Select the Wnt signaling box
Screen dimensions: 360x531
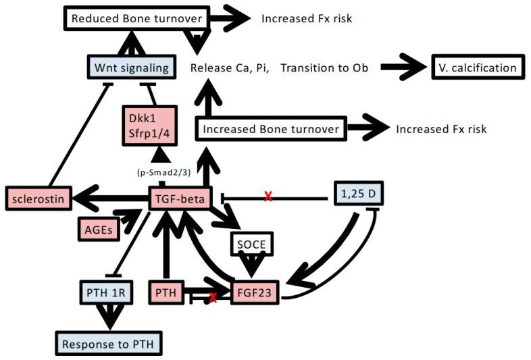tap(132, 68)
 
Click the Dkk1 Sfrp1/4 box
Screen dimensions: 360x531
tap(150, 126)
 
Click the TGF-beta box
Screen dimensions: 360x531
tap(180, 198)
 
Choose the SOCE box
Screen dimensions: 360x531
tap(253, 242)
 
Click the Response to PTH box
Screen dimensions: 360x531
tap(108, 344)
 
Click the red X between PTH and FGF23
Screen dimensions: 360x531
tap(213, 297)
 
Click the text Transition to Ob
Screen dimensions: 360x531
tap(324, 68)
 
